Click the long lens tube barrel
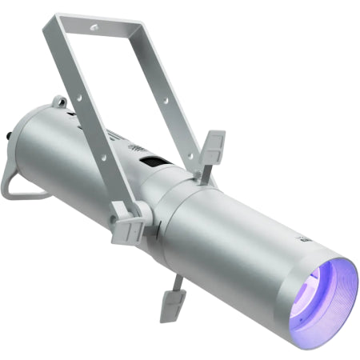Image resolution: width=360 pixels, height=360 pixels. (240, 248)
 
